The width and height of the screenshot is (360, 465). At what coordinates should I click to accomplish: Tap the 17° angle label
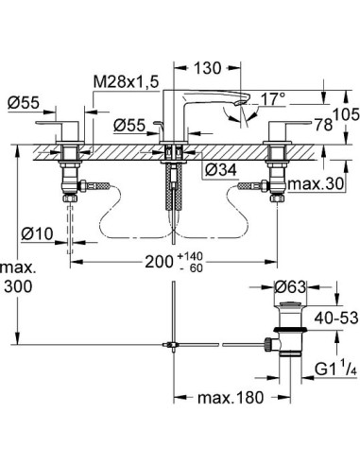[274, 96]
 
